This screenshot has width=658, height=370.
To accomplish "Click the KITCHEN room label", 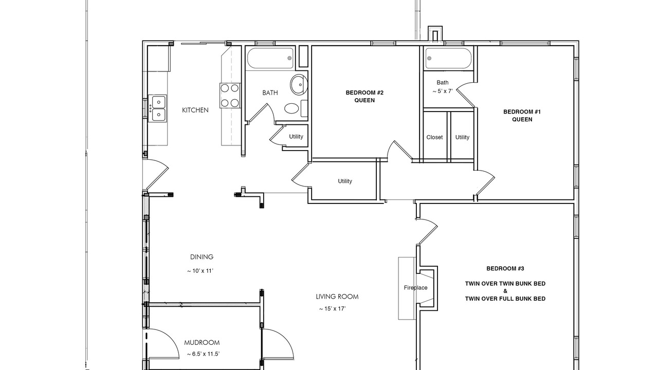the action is click(x=195, y=110).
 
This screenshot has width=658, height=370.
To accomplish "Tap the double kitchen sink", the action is click(x=157, y=108).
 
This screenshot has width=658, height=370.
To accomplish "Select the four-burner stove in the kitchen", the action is click(x=230, y=96).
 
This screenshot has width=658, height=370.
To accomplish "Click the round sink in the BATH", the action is click(x=299, y=84).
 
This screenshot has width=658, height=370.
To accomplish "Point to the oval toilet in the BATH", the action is click(x=291, y=108).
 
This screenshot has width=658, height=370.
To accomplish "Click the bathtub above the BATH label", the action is click(x=270, y=58).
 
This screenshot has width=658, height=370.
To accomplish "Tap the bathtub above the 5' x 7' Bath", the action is click(x=448, y=58).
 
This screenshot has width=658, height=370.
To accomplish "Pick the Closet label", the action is click(x=434, y=137).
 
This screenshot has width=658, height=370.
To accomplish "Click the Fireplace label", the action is click(x=415, y=288).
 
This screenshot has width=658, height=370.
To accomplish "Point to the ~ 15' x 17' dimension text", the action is click(x=333, y=309).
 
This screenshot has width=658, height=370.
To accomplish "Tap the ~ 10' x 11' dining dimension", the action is click(x=200, y=271).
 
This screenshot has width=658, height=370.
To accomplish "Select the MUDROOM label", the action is click(x=202, y=342).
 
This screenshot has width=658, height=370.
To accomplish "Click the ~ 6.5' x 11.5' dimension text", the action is click(x=203, y=354).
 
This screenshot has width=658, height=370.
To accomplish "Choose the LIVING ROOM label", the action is click(x=337, y=297).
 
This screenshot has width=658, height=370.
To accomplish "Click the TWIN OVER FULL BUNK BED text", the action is click(x=505, y=299).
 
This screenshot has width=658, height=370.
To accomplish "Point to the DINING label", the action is click(x=202, y=257).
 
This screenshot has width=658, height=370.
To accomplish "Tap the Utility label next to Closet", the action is click(x=462, y=137).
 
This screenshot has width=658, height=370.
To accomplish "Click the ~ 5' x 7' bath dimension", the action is click(x=443, y=91).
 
